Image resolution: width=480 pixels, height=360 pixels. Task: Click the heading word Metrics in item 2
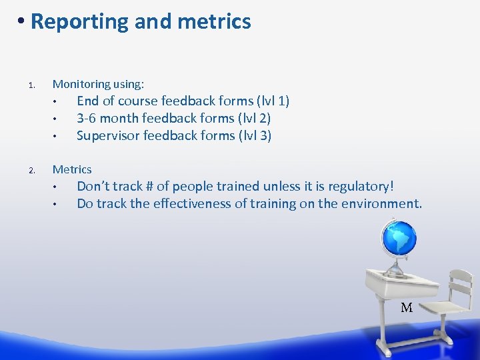(72, 169)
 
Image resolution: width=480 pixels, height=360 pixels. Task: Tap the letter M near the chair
(407, 308)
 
